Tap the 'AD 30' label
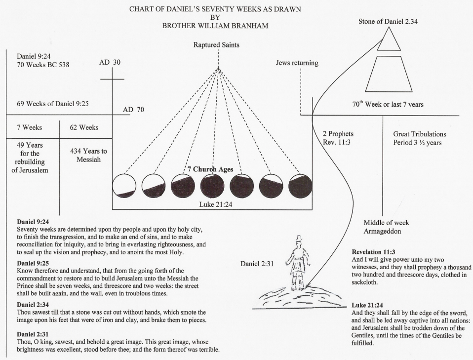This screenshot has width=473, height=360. click(x=110, y=63)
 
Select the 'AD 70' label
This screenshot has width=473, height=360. click(x=134, y=109)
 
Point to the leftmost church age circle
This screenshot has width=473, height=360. click(x=124, y=186)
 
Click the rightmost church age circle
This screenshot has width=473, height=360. click(x=300, y=186)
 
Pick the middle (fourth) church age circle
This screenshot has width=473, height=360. click(x=212, y=186)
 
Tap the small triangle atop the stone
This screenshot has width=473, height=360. click(x=389, y=40)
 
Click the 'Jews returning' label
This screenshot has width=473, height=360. click(x=297, y=63)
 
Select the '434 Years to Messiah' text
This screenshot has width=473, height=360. click(x=85, y=156)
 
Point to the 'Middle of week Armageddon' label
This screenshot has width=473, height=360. click(x=386, y=227)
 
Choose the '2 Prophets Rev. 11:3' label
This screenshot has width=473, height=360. click(x=338, y=138)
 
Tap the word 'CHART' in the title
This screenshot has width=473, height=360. click(x=143, y=8)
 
